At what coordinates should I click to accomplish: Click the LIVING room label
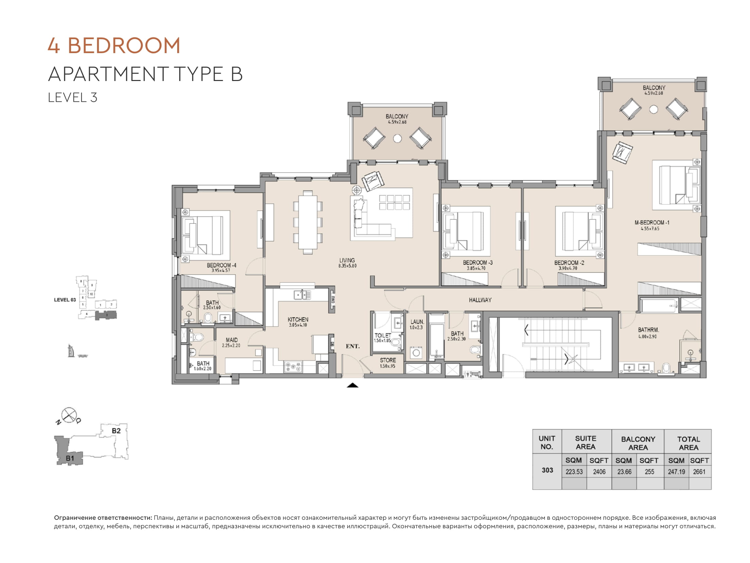tap(347, 260)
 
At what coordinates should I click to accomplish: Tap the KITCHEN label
tap(298, 320)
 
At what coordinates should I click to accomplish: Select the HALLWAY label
tap(480, 300)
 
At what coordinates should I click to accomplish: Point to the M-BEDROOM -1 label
tap(652, 223)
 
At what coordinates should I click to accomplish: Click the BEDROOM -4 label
tap(221, 265)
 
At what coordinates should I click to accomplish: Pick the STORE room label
tap(388, 360)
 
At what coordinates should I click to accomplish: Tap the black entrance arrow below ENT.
tap(353, 385)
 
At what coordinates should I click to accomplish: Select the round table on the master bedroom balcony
tap(653, 109)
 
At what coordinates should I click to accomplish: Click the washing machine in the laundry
tap(416, 353)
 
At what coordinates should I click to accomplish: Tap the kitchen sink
tap(302, 294)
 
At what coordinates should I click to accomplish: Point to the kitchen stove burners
tap(293, 367)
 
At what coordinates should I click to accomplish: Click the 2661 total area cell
tap(699, 472)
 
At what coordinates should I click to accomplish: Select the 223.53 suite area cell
tap(574, 472)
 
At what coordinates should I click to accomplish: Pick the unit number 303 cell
tap(547, 470)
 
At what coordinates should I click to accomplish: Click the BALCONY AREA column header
tap(638, 443)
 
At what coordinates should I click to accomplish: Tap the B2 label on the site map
tap(116, 431)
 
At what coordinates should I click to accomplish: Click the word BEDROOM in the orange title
tap(124, 46)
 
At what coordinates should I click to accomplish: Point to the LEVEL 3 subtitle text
tap(73, 98)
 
